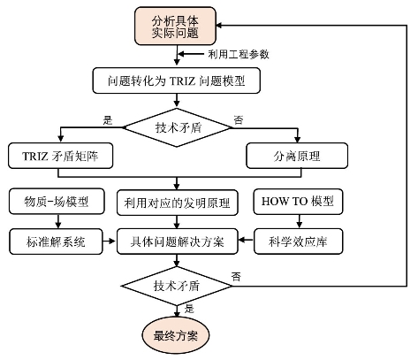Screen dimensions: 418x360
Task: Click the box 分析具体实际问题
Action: (175, 26)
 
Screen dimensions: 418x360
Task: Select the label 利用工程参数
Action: (239, 54)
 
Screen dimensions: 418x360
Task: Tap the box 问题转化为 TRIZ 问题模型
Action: (177, 80)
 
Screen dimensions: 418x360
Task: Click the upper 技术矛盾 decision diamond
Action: (177, 127)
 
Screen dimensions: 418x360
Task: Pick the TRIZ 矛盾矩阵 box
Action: (60, 156)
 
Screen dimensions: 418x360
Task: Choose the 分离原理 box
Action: (297, 156)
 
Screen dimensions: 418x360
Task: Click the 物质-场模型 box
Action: (57, 202)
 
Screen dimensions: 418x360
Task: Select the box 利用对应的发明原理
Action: (178, 203)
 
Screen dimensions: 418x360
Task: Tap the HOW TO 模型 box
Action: (298, 202)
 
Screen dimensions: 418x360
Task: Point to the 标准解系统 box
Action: (56, 241)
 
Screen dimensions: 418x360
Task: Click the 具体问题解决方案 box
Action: (178, 241)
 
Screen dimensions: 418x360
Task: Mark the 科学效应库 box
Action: (298, 241)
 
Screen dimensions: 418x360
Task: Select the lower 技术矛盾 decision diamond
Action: (177, 286)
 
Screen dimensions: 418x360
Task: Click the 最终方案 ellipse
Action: (176, 336)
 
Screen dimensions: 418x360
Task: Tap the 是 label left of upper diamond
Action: (108, 120)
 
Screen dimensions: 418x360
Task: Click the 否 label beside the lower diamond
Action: (236, 277)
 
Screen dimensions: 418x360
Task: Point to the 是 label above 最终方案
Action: (189, 309)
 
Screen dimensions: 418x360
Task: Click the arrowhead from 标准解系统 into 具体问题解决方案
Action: (112, 241)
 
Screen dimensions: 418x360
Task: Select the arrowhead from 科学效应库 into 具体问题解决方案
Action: (242, 240)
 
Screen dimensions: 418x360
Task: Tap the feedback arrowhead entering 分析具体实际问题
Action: (220, 26)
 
